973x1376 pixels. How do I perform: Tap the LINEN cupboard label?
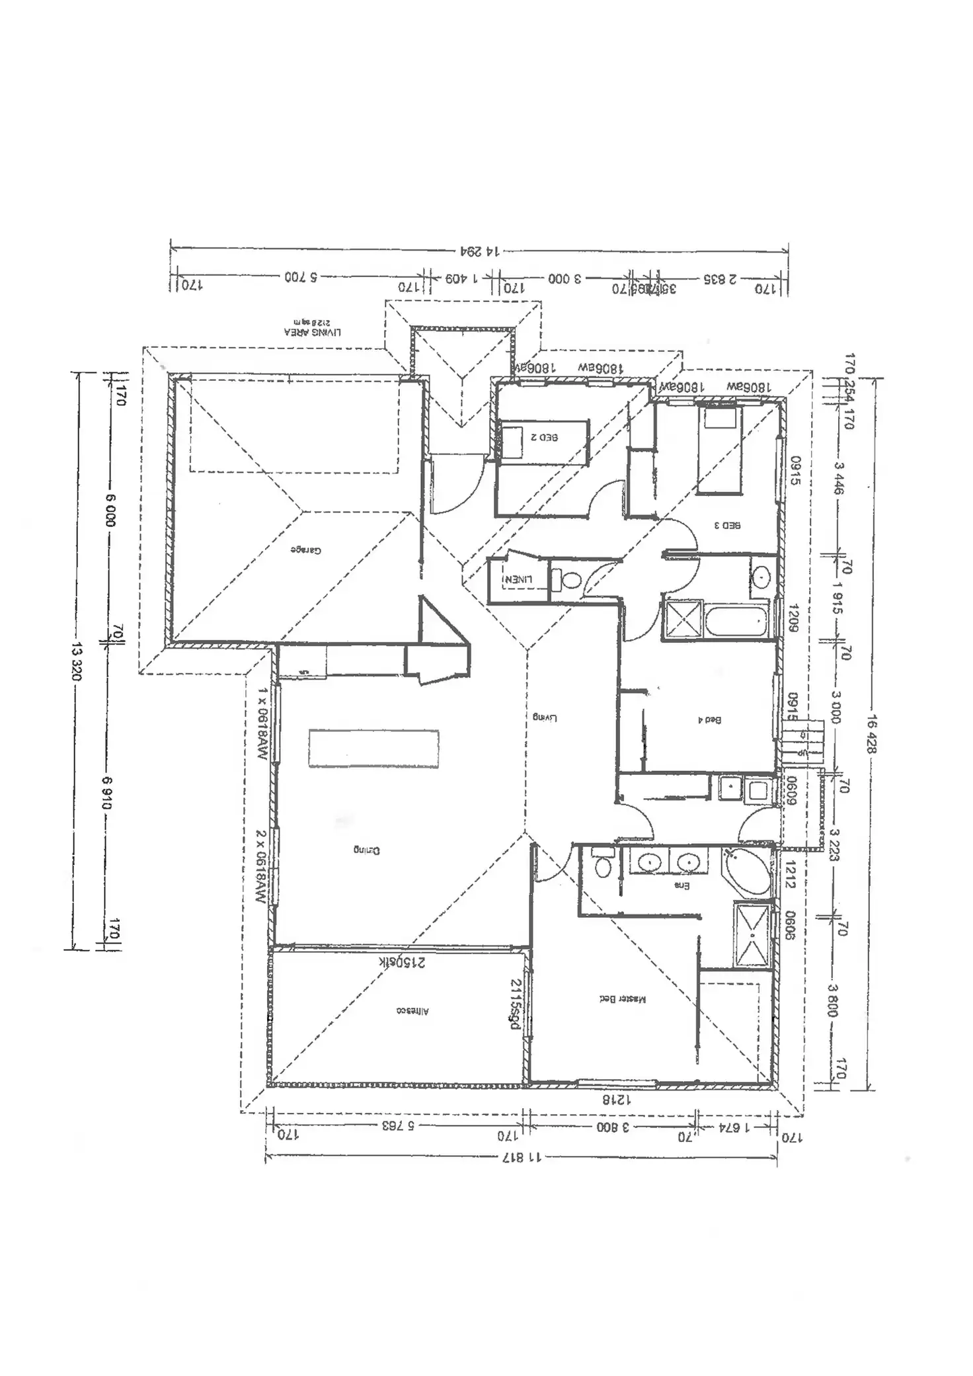(x=518, y=579)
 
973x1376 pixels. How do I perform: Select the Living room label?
(x=545, y=717)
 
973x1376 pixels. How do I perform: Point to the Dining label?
(x=366, y=850)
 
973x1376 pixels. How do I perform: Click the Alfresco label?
(x=412, y=1011)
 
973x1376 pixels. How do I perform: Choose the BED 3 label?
(x=727, y=525)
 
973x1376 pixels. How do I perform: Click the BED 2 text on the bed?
(x=544, y=437)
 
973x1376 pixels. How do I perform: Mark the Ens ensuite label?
(x=681, y=885)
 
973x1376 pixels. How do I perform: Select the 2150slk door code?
(x=402, y=962)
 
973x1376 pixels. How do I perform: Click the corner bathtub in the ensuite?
(x=749, y=873)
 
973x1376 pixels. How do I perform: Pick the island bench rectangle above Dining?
(x=373, y=749)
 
